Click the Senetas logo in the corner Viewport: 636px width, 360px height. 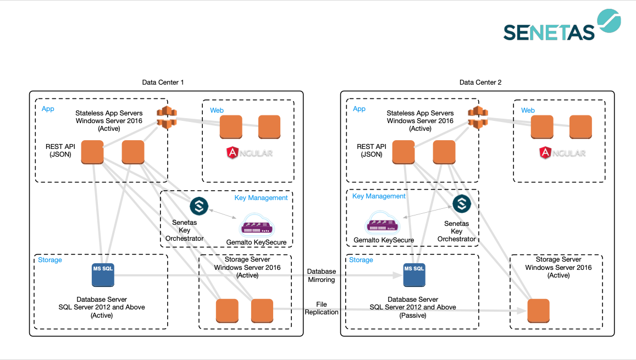(562, 25)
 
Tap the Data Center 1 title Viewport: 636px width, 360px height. (163, 82)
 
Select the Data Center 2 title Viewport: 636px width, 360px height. (480, 82)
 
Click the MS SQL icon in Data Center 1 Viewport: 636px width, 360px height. (103, 275)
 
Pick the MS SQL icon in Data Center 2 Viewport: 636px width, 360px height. (414, 275)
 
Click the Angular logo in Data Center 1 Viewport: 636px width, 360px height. (250, 153)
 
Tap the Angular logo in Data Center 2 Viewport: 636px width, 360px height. (562, 153)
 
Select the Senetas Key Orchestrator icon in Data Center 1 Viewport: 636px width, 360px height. (199, 206)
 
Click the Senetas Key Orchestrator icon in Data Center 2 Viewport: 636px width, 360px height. (462, 203)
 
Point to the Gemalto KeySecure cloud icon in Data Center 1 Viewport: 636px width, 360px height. (258, 225)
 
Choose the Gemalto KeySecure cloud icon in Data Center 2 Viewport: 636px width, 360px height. (383, 223)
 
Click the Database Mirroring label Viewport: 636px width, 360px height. (321, 276)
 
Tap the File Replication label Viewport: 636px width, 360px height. (321, 308)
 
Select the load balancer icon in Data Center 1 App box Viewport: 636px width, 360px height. (167, 117)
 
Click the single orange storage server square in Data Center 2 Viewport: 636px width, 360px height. (538, 311)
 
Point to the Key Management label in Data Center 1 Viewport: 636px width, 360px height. (261, 198)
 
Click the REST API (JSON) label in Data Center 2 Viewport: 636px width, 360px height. (372, 151)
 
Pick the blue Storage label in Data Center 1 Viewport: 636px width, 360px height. (50, 260)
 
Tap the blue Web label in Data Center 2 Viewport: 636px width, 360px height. (528, 110)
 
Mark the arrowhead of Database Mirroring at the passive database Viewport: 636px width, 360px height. (398, 275)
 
